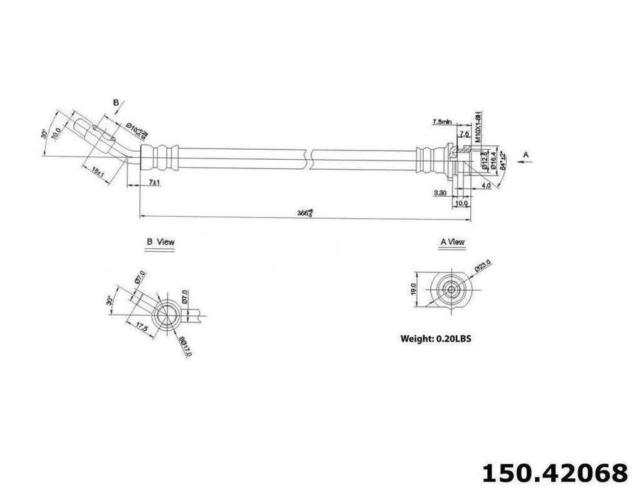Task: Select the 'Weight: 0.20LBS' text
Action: pos(435,338)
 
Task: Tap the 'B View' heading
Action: pos(160,241)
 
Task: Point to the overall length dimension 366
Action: pos(305,212)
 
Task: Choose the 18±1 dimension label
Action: pos(97,171)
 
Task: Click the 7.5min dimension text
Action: pos(443,121)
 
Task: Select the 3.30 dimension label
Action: pos(439,194)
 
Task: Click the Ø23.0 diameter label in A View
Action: pos(482,267)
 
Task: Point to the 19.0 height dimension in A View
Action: pos(414,289)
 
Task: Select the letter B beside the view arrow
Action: pos(115,101)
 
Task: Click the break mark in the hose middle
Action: pos(309,157)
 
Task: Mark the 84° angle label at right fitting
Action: pos(502,167)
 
